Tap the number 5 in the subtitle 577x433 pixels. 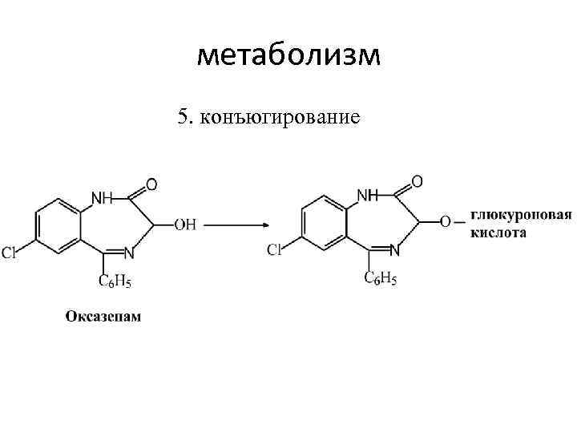183,119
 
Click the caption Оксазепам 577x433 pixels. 103,316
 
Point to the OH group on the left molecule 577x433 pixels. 185,225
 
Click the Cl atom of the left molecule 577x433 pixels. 9,254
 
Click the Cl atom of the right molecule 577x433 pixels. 275,251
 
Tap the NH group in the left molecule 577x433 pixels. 102,197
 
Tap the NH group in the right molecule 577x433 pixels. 367,195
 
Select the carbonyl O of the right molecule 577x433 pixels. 417,182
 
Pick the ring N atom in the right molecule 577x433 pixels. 394,250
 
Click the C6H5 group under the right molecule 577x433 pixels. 380,278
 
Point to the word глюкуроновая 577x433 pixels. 520,216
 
